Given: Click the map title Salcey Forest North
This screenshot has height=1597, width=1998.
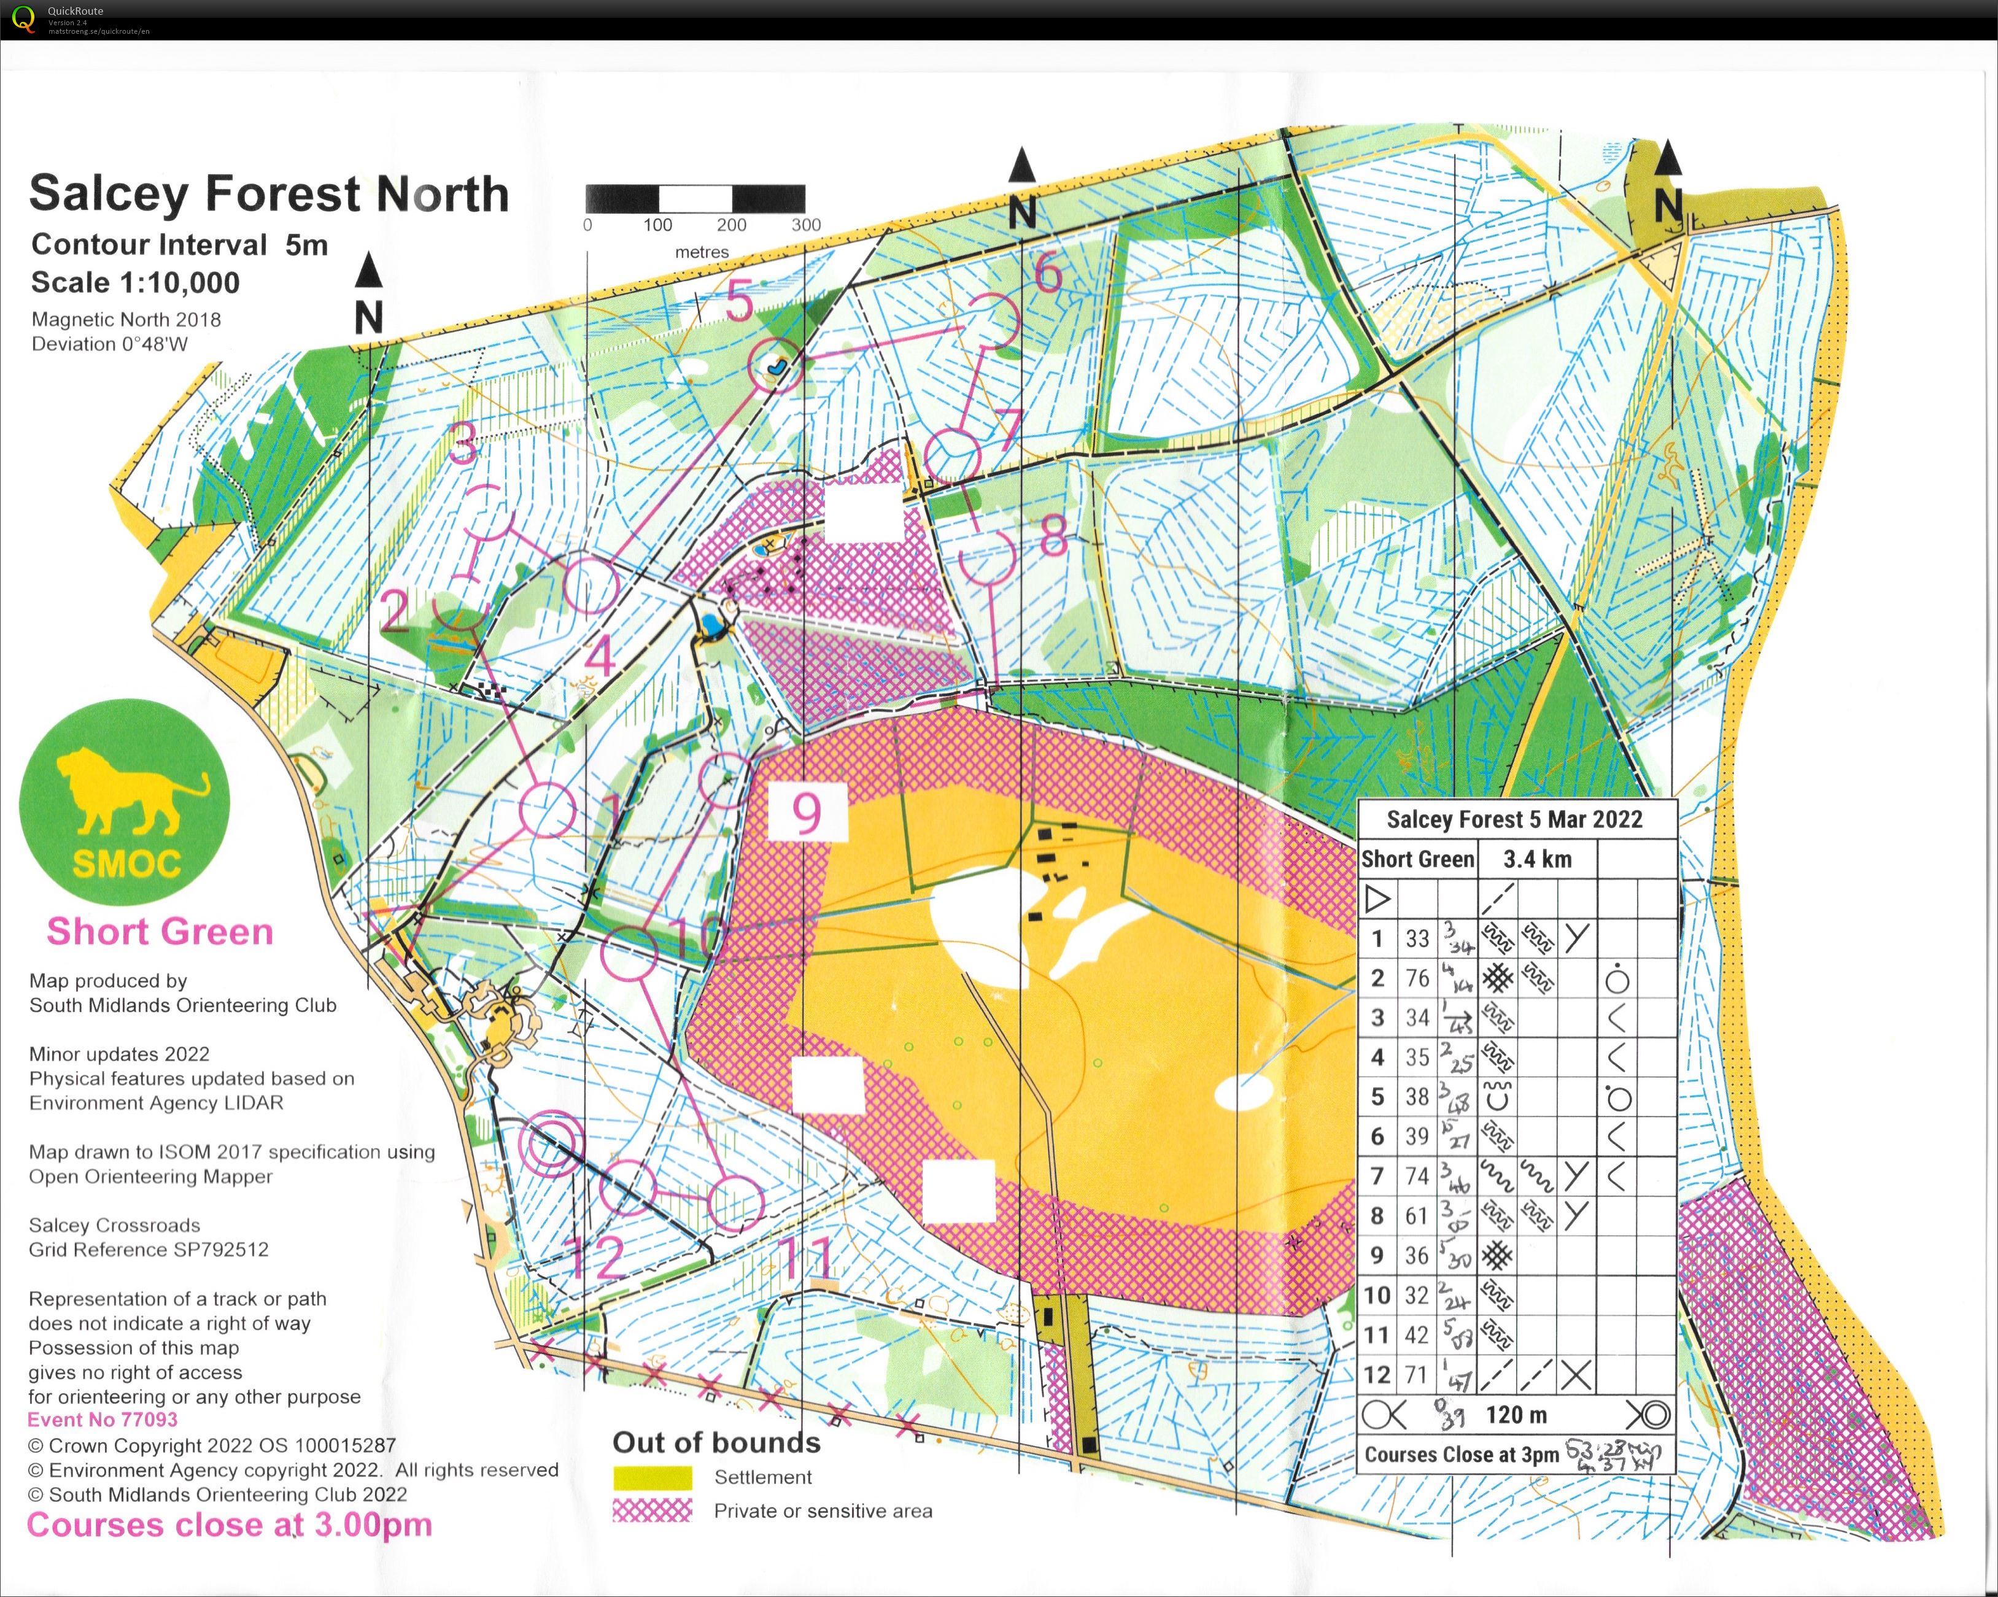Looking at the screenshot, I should click(269, 194).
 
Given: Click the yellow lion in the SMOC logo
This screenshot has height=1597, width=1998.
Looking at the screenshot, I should click(130, 792).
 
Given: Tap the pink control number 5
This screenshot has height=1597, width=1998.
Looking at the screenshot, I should click(738, 302).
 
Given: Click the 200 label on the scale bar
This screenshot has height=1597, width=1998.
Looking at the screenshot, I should click(731, 224).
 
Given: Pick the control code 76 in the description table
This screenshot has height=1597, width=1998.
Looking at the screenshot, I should click(1417, 978).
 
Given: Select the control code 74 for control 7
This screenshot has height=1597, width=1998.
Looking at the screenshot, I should click(1417, 1175).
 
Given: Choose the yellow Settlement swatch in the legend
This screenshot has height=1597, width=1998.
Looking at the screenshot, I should click(652, 1477).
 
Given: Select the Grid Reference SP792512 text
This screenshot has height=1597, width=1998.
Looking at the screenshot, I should click(149, 1250).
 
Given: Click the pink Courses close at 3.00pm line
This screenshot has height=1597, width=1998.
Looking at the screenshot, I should click(229, 1525).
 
